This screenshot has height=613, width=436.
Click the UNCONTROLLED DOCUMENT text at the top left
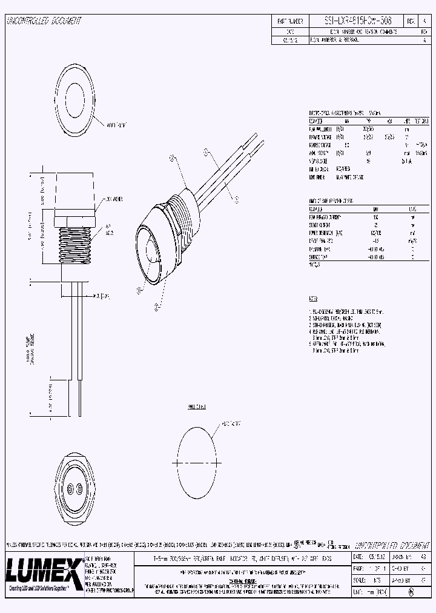pyautogui.click(x=44, y=21)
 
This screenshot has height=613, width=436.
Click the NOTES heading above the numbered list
pyautogui.click(x=314, y=299)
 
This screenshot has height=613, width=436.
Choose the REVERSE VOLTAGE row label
pyautogui.click(x=321, y=145)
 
